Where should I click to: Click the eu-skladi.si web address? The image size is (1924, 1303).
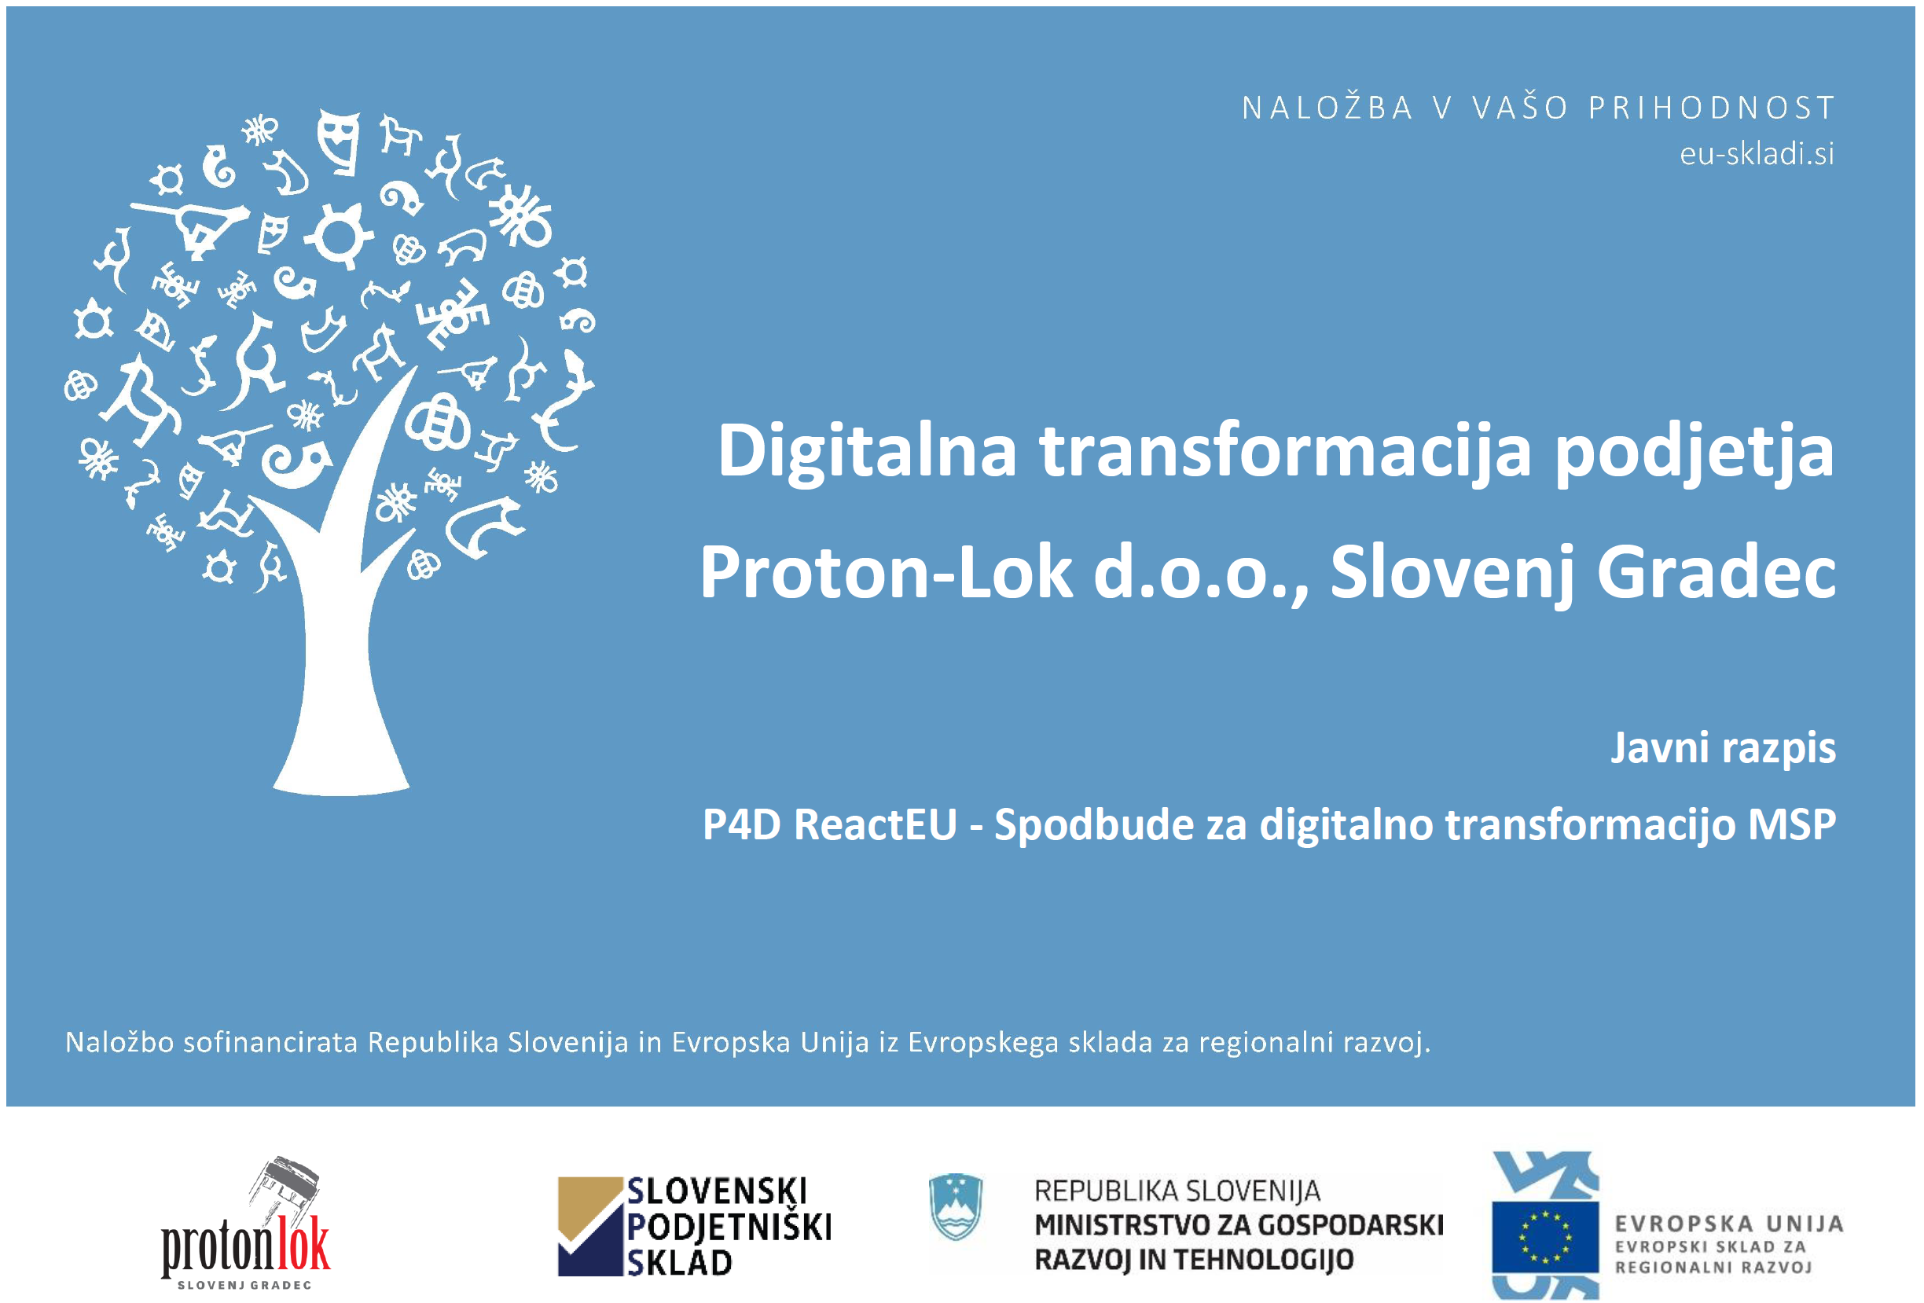click(x=1756, y=153)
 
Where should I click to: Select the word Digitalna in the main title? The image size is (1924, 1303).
click(x=867, y=451)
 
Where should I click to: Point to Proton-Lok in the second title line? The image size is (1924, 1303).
click(x=886, y=572)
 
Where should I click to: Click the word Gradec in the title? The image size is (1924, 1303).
click(x=1716, y=572)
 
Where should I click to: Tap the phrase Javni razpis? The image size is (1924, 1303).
click(x=1723, y=748)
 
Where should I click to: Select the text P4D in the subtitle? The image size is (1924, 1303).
click(x=742, y=824)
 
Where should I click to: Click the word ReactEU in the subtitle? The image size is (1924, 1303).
click(x=875, y=824)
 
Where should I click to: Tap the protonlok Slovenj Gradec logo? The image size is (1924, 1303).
click(x=246, y=1224)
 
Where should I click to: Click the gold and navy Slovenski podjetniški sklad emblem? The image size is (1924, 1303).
click(x=590, y=1226)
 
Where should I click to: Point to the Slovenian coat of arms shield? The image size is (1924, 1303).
click(x=956, y=1206)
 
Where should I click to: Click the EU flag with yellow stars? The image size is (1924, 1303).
click(x=1545, y=1237)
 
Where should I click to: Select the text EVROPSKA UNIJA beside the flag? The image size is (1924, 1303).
click(x=1728, y=1224)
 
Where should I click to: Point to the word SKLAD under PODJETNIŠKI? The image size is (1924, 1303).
click(x=679, y=1263)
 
